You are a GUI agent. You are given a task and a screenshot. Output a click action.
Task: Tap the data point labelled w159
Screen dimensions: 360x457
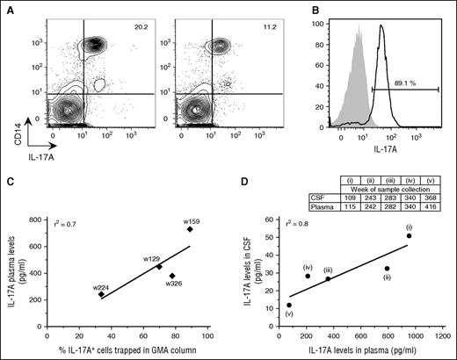(x=189, y=229)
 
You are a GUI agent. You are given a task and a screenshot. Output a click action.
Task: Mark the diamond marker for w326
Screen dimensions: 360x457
(x=172, y=275)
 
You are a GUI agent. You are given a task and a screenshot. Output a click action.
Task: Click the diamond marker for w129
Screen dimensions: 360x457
(x=159, y=266)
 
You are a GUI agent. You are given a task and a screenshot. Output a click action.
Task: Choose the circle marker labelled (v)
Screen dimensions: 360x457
(x=289, y=305)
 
